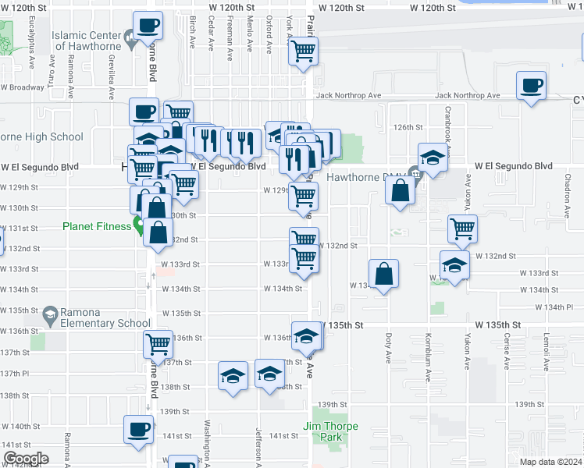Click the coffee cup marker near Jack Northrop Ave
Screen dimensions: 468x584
(531, 86)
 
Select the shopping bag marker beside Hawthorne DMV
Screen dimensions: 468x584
(400, 192)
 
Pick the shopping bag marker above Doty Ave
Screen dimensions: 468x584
(383, 275)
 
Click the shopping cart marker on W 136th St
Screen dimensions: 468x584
(158, 344)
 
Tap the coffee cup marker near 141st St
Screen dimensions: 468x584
(139, 430)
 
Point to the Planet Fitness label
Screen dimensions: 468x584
(97, 227)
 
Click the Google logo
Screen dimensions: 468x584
(25, 459)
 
